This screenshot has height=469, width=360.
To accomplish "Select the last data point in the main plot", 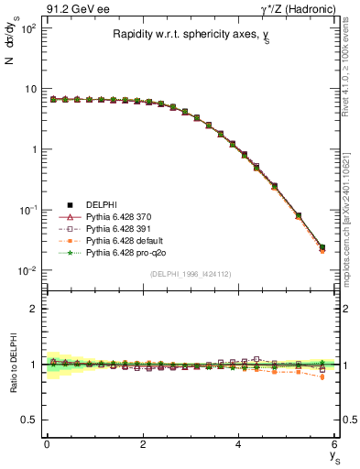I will [x=322, y=247].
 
